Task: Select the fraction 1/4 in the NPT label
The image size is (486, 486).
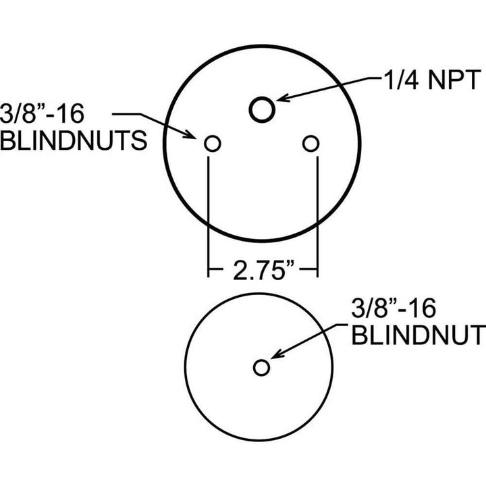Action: tap(401, 80)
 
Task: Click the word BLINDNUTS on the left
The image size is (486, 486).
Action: tap(74, 140)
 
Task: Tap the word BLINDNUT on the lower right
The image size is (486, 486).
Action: tap(418, 335)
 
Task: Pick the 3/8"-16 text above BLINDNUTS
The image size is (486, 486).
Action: tap(42, 113)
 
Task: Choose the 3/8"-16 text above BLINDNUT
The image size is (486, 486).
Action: tap(394, 308)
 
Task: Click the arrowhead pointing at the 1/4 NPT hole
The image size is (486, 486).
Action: tap(283, 97)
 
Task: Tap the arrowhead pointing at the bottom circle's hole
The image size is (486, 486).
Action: tap(277, 354)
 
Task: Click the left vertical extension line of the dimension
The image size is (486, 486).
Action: tap(209, 217)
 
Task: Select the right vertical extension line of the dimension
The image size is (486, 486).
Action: tap(317, 217)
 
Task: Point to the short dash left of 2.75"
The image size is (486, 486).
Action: tap(216, 269)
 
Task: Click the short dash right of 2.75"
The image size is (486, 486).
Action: tap(308, 269)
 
